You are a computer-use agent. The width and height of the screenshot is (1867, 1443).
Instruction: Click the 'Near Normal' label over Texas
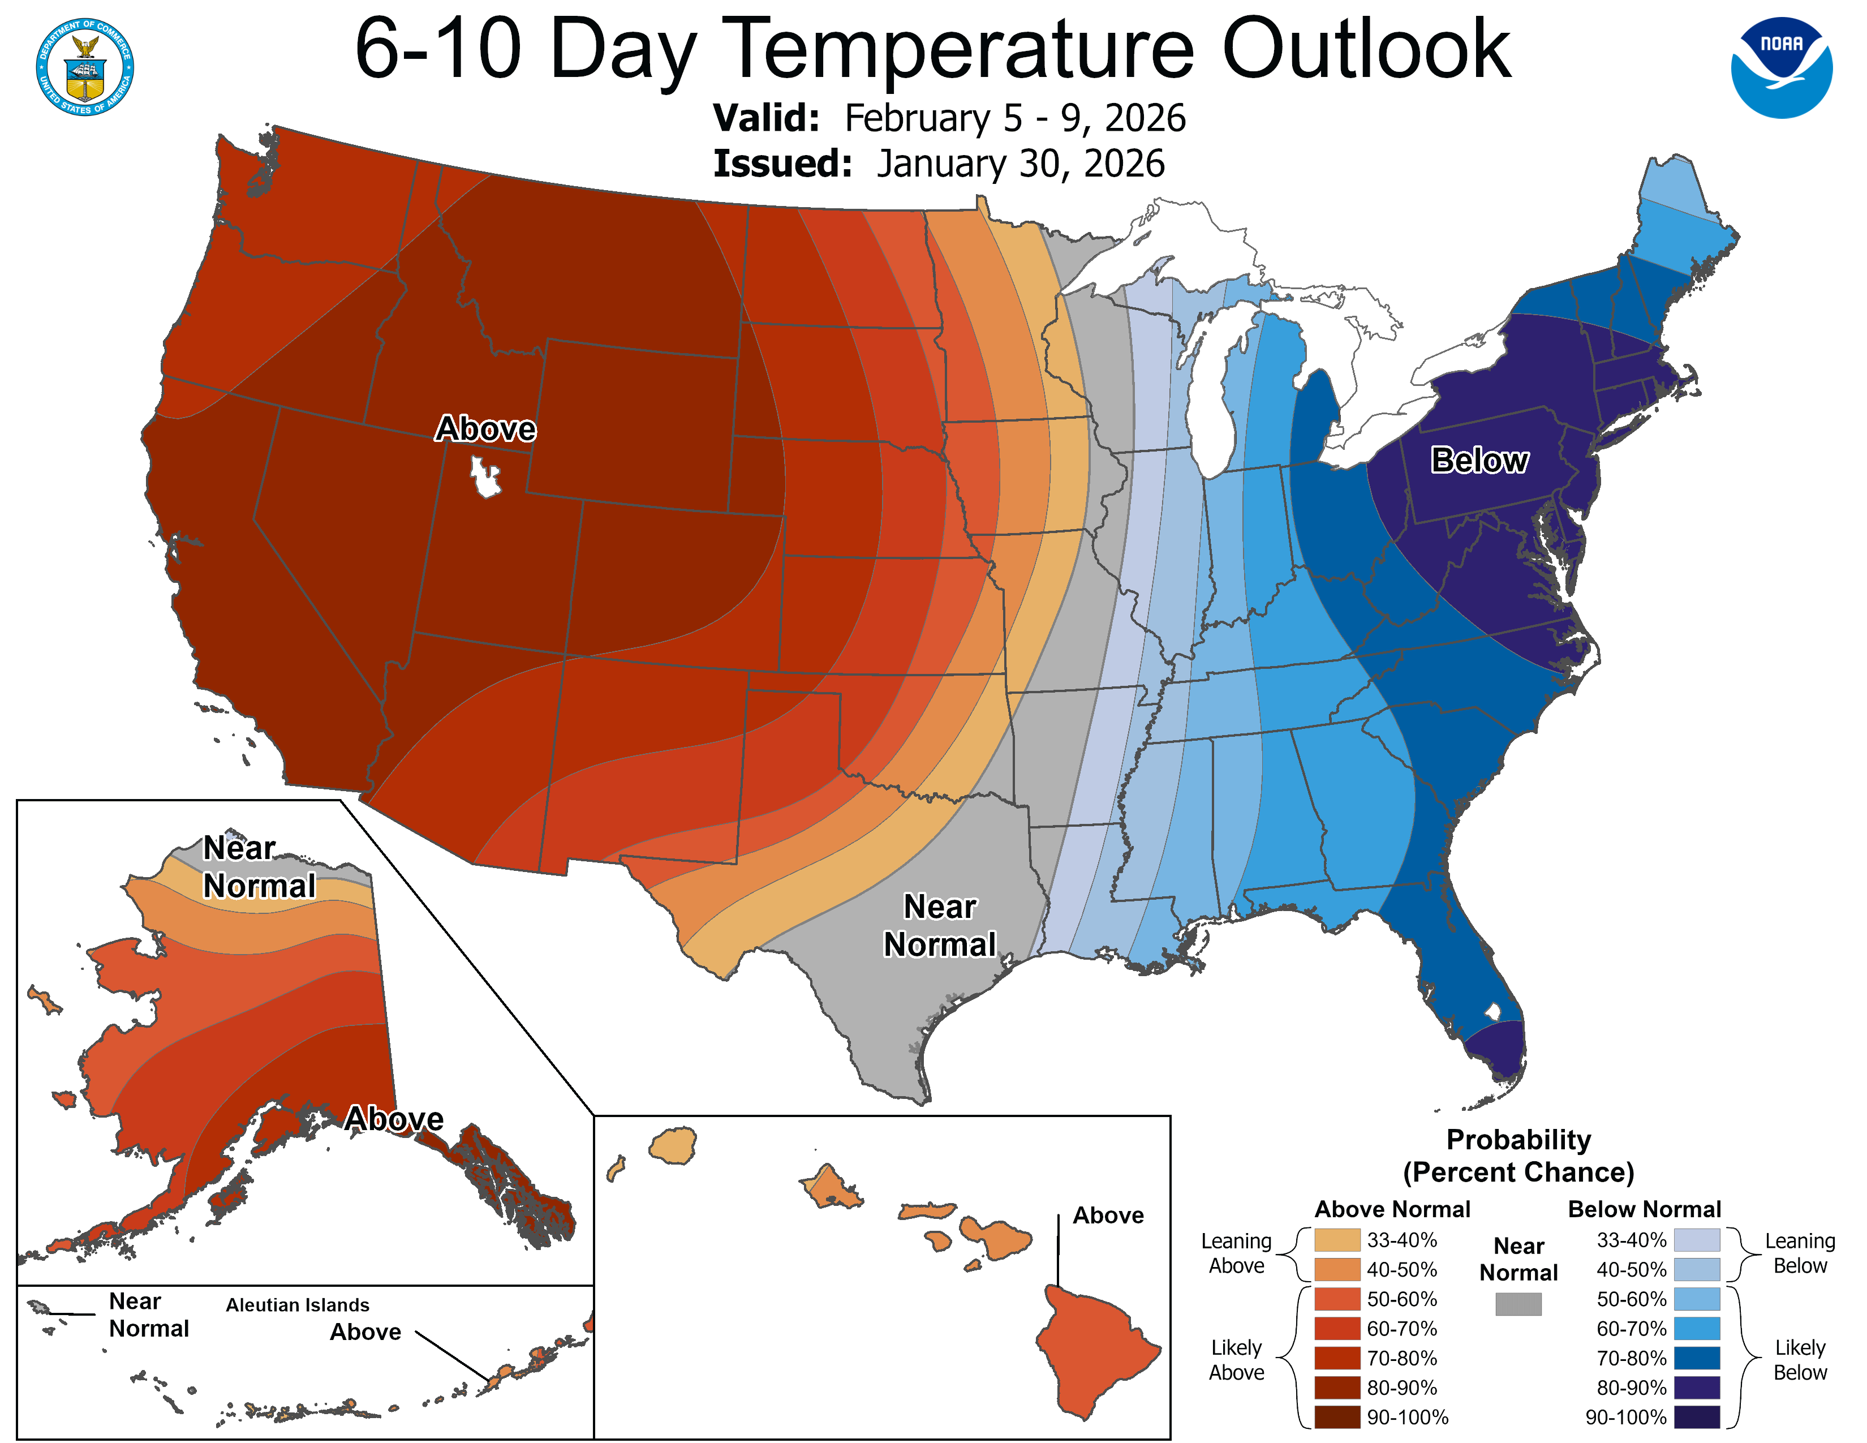coord(940,925)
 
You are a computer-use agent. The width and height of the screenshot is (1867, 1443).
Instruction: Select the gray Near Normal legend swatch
coord(1518,1304)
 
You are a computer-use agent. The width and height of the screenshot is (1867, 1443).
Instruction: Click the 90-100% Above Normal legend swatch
coord(1337,1418)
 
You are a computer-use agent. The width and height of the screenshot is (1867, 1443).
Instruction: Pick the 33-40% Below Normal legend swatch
coord(1696,1239)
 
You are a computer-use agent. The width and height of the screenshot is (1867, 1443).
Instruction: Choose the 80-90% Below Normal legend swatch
coord(1696,1388)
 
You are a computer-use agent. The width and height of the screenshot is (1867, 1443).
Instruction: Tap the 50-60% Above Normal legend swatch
coord(1337,1299)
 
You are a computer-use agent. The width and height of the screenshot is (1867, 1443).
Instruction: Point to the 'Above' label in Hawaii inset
coord(1108,1216)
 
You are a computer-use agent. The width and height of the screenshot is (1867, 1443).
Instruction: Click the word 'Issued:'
coord(782,164)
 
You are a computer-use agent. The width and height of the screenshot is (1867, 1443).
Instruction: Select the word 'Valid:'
coord(766,118)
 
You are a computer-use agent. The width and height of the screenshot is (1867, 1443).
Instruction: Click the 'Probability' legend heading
coord(1518,1140)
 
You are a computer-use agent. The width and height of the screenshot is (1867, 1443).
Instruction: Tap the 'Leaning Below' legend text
coord(1800,1253)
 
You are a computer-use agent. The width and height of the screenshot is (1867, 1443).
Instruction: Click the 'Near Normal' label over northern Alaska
coord(258,867)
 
